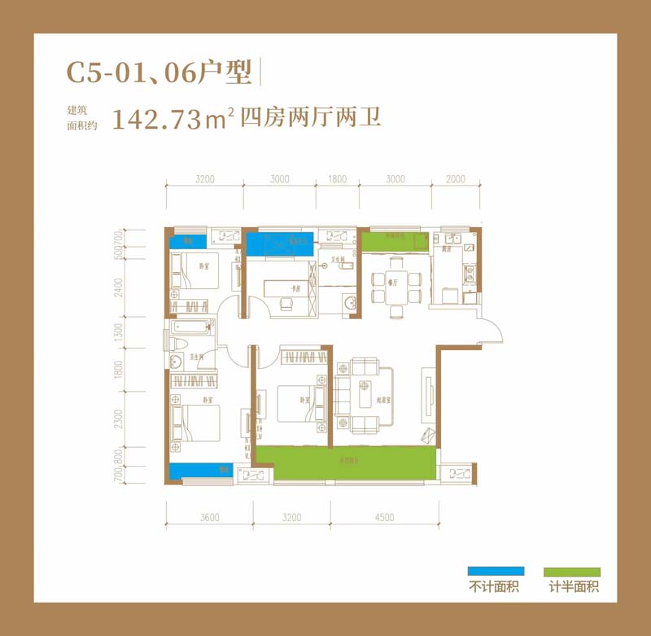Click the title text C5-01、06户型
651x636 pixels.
[x=159, y=73]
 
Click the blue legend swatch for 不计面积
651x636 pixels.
[x=495, y=572]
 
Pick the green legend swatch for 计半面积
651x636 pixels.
[x=574, y=572]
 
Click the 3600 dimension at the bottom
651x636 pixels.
[x=209, y=516]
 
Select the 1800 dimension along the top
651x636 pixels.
[x=338, y=180]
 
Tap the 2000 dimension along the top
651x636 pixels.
[x=457, y=180]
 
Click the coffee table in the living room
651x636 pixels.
[x=361, y=397]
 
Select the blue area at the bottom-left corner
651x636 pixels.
[x=199, y=470]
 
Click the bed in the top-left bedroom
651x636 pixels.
[x=195, y=272]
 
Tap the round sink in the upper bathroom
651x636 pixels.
[x=350, y=303]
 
